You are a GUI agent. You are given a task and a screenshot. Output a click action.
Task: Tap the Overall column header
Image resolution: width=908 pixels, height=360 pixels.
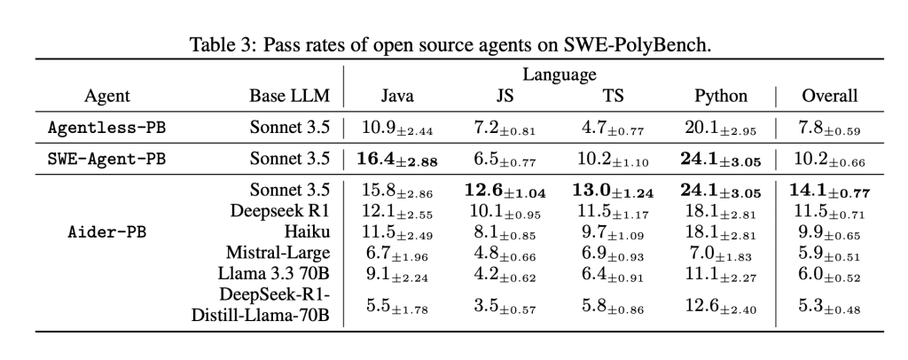click(829, 96)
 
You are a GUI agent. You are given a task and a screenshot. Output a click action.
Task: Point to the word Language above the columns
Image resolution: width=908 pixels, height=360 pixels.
click(559, 74)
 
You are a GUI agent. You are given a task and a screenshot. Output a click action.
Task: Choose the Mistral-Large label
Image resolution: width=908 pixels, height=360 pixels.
click(284, 253)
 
